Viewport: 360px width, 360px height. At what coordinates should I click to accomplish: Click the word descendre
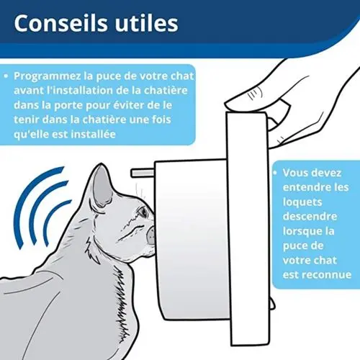[x=312, y=216]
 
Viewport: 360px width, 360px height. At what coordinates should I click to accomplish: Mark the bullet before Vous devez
[x=276, y=173]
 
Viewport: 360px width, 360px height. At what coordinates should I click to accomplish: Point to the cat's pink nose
[x=153, y=235]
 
